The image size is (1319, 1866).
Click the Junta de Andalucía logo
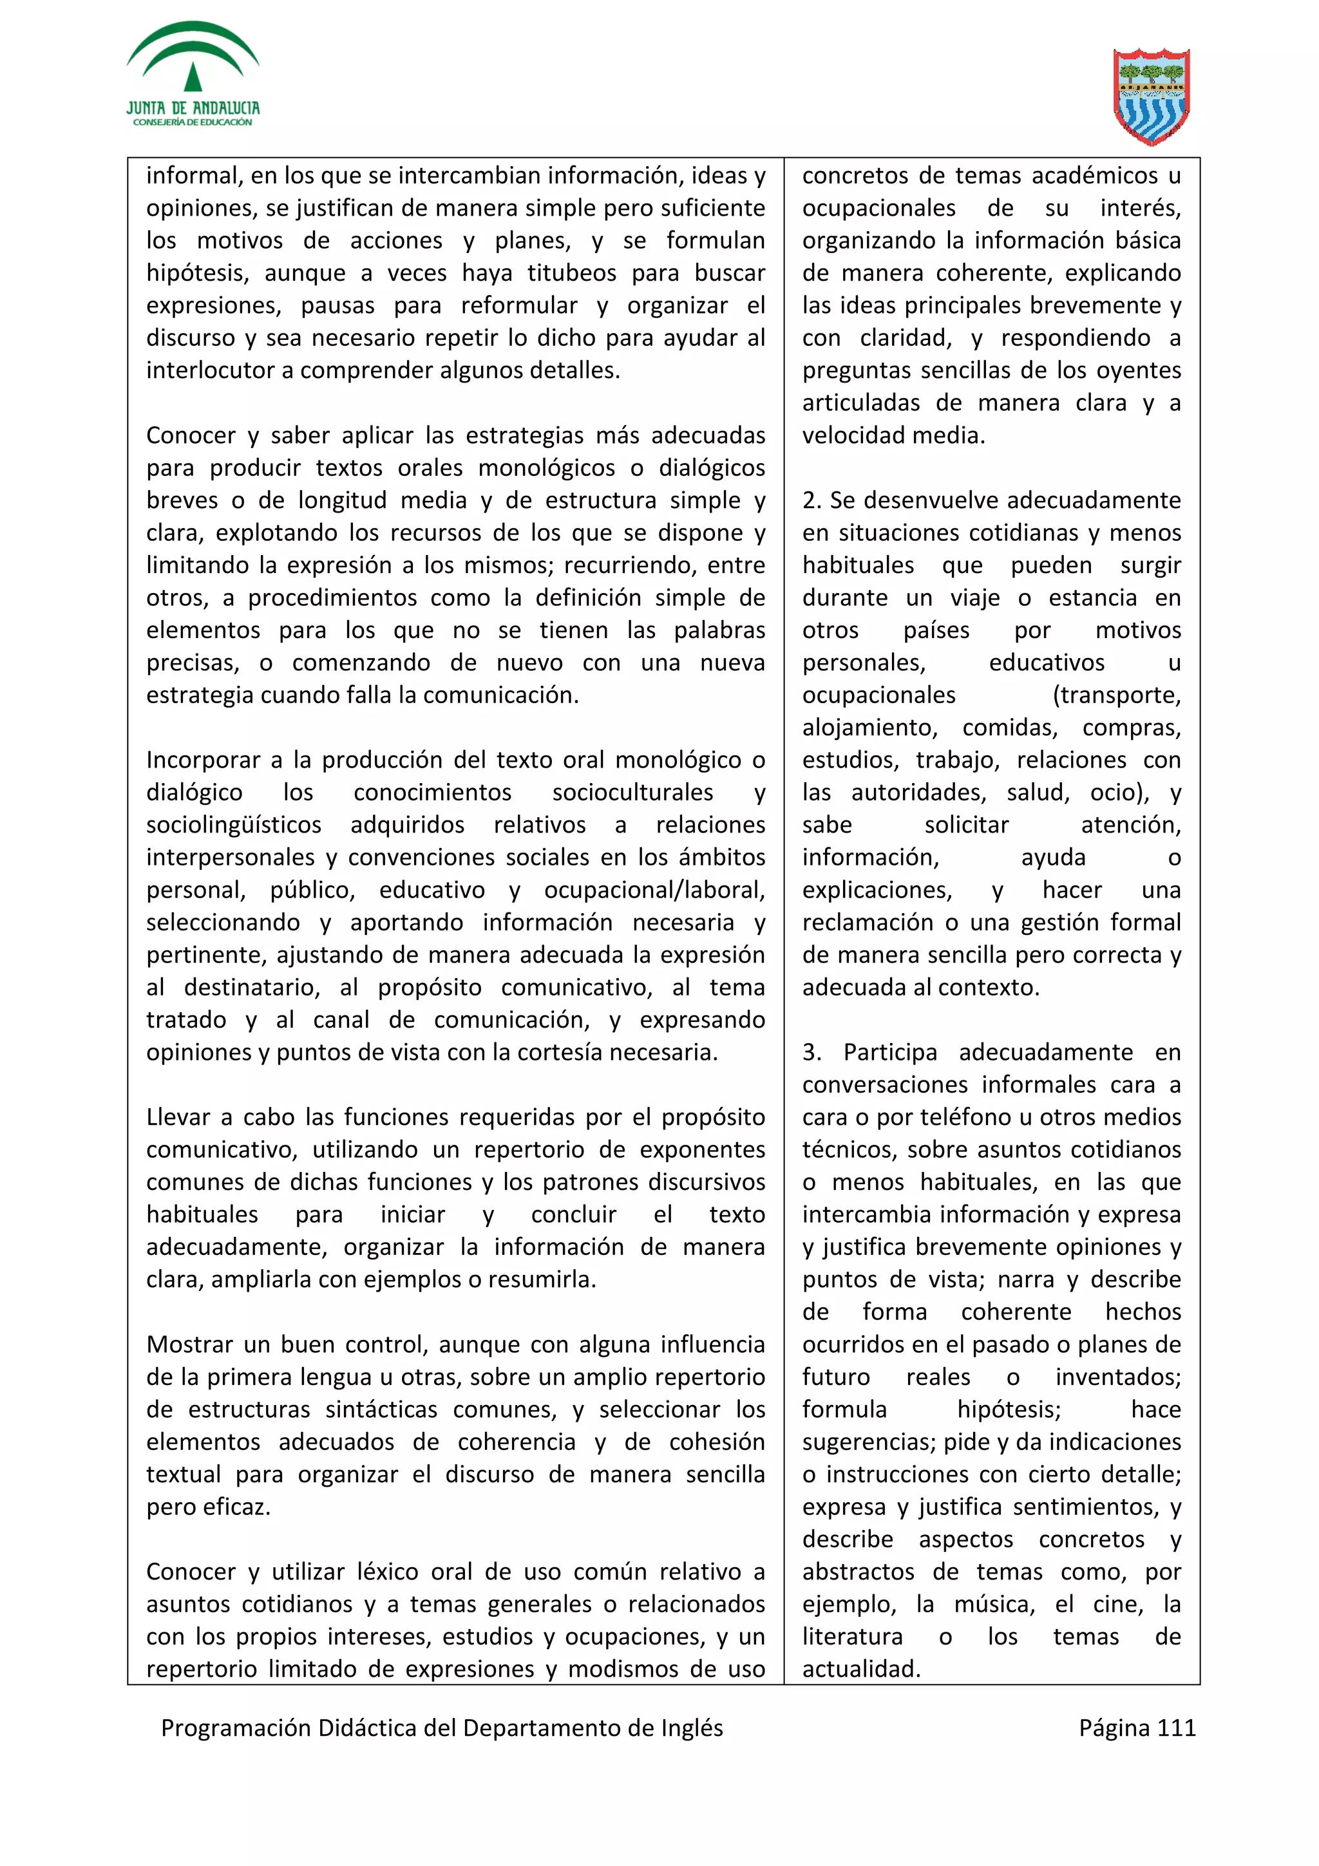click(193, 75)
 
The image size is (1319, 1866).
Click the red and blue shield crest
click(1151, 97)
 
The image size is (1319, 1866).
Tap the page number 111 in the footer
click(1176, 1728)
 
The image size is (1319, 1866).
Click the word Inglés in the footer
click(684, 1728)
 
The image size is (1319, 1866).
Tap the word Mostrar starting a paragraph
click(189, 1344)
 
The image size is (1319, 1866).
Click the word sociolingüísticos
click(233, 825)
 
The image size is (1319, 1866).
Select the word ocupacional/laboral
click(654, 890)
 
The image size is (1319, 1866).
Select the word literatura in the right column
click(851, 1637)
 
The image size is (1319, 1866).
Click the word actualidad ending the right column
click(860, 1670)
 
